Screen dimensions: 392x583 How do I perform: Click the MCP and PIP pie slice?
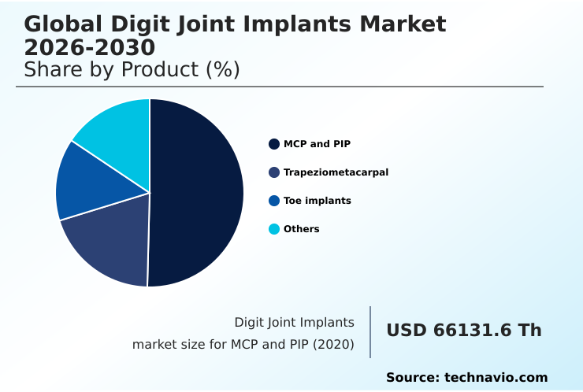click(197, 193)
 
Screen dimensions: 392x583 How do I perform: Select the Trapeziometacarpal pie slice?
click(110, 240)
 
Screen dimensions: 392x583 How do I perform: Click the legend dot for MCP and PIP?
click(274, 144)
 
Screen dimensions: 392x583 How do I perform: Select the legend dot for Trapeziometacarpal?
click(274, 172)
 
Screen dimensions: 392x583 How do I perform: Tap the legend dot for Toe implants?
click(274, 201)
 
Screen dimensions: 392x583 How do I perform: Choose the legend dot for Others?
click(274, 229)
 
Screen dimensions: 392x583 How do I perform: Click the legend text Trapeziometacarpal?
click(336, 172)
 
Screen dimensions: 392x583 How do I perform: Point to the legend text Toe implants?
click(317, 201)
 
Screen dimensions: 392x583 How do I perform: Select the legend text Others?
click(301, 229)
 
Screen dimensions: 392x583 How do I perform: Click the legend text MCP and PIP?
click(317, 144)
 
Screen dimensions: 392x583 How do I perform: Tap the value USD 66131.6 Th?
click(463, 331)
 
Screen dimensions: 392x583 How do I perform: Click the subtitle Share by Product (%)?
click(132, 70)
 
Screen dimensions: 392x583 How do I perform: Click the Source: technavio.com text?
click(466, 378)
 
